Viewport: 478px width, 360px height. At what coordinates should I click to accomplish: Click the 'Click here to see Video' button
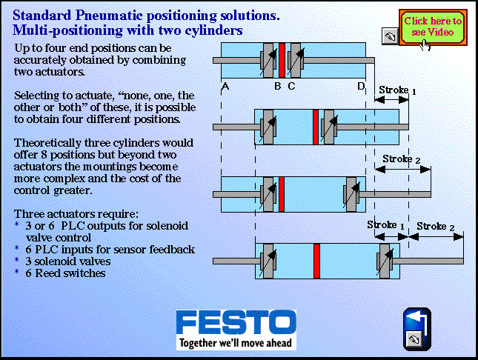(x=433, y=27)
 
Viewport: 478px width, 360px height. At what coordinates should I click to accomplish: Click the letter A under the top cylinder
(x=224, y=87)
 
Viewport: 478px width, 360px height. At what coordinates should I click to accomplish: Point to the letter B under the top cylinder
(x=277, y=87)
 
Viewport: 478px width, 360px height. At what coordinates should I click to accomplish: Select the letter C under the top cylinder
(x=291, y=87)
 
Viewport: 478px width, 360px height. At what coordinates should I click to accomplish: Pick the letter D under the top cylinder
(x=361, y=87)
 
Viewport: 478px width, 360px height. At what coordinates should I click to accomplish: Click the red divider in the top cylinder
(x=282, y=59)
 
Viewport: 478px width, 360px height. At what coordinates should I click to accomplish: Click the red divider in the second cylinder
(x=316, y=127)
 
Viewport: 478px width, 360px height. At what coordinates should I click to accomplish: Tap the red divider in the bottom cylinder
(x=316, y=261)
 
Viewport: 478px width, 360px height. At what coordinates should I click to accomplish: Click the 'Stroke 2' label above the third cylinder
(x=402, y=160)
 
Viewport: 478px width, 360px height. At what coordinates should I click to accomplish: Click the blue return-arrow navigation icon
(x=416, y=319)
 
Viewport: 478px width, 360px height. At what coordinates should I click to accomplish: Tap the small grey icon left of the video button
(x=389, y=36)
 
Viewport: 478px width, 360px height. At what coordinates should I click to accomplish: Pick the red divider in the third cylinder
(x=282, y=193)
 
